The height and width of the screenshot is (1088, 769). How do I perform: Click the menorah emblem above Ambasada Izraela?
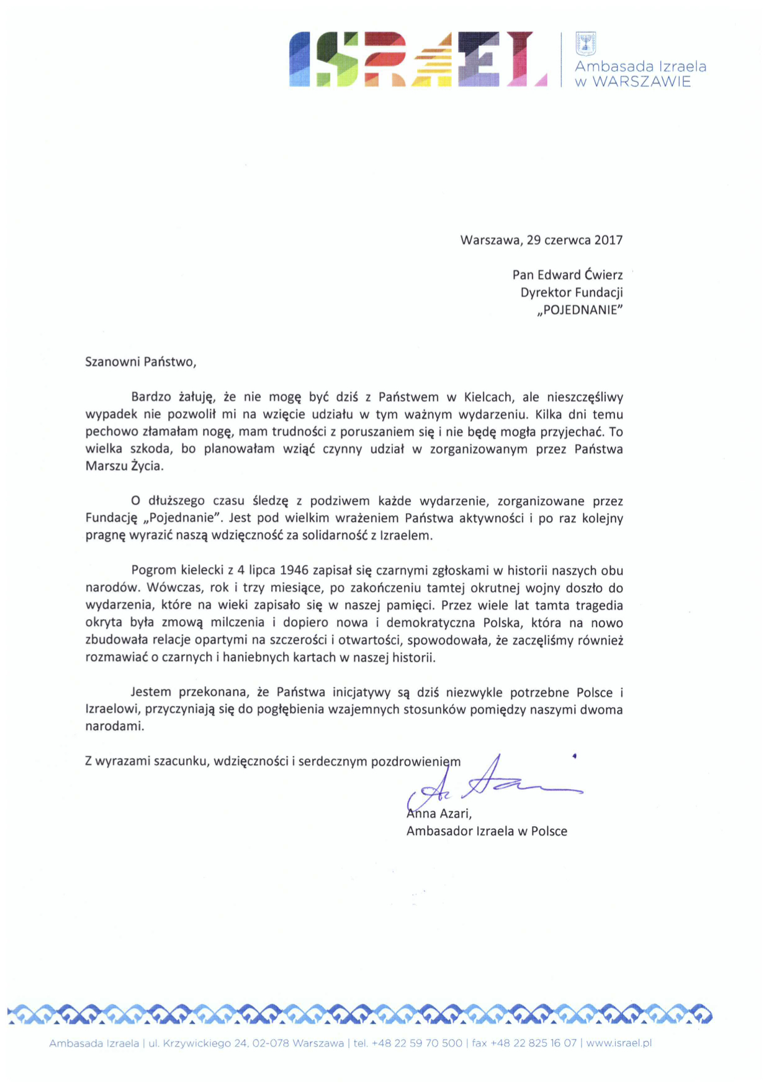pos(585,44)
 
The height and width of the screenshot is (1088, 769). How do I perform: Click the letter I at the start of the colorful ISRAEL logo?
pos(300,60)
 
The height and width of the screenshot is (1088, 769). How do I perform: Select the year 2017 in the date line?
pos(608,240)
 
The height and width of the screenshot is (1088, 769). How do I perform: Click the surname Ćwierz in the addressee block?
pos(602,275)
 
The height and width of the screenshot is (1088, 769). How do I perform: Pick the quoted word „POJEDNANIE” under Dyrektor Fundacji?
pos(579,310)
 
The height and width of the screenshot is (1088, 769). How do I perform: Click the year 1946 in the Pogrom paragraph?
pos(294,571)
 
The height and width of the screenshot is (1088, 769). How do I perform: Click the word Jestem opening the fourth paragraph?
pos(151,692)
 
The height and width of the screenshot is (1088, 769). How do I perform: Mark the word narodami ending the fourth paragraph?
pos(114,726)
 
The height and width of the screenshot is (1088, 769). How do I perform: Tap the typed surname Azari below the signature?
pos(455,814)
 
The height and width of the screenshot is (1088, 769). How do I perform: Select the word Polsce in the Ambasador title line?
pos(547,831)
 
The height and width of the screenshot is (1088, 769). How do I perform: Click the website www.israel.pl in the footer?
pos(618,1043)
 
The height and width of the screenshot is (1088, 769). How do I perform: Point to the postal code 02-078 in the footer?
pos(270,1043)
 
